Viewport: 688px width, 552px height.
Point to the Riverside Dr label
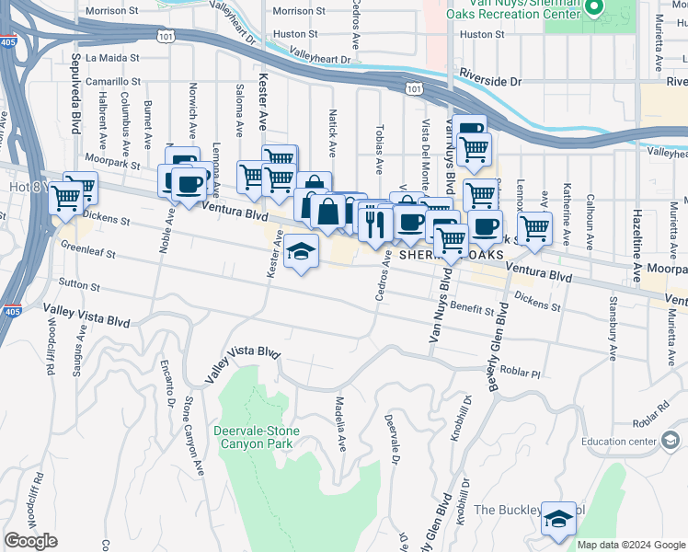pos(490,81)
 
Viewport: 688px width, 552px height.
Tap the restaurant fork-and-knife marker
pos(373,223)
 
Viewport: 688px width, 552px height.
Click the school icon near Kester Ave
pos(300,251)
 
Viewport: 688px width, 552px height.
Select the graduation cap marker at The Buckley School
pos(557,520)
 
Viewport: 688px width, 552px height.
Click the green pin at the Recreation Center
pos(594,9)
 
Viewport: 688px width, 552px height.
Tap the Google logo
pos(31,541)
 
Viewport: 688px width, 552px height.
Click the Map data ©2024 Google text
pos(631,545)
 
